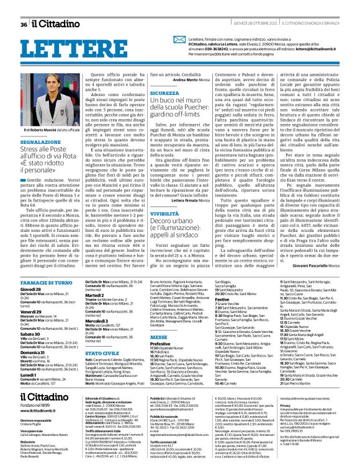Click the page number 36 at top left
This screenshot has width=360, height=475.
[x=24, y=24]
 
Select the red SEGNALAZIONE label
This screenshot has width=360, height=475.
[x=40, y=142]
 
